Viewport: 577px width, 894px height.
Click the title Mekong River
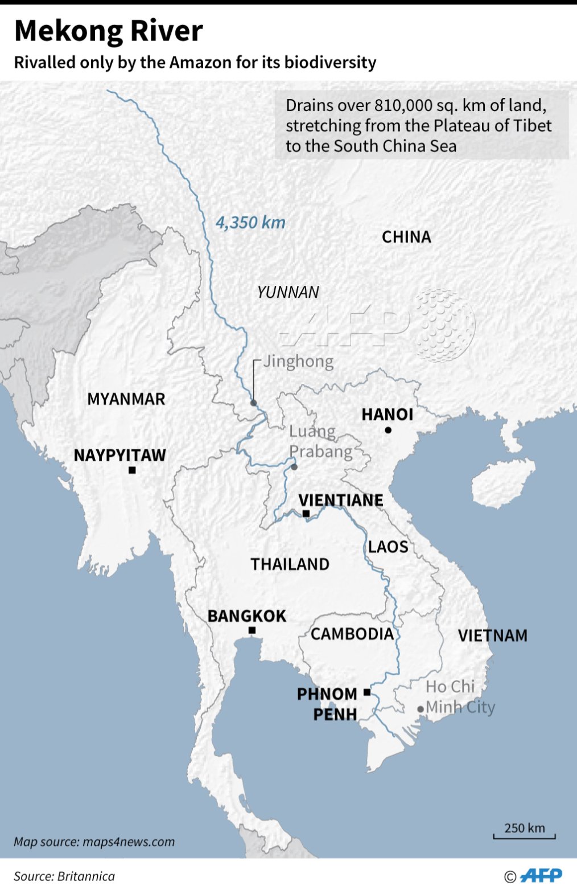click(108, 31)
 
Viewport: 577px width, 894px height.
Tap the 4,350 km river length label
click(250, 223)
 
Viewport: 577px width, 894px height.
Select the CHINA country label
click(406, 237)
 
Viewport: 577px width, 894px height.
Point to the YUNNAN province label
click(288, 292)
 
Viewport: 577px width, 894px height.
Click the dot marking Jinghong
click(254, 403)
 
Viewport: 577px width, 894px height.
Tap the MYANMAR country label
click(126, 399)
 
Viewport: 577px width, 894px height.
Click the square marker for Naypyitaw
click(132, 470)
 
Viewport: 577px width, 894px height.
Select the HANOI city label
click(388, 415)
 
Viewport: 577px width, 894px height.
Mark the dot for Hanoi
click(388, 430)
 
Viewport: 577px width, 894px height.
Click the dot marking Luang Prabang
click(294, 467)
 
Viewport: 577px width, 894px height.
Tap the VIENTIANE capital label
click(341, 500)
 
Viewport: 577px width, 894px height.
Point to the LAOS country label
click(388, 547)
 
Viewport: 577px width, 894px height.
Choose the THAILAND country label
click(290, 564)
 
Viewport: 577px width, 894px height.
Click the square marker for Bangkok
click(252, 630)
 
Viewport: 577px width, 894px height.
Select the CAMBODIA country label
click(352, 634)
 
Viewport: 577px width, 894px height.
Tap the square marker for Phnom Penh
click(367, 692)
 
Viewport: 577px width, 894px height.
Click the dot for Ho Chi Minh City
click(421, 709)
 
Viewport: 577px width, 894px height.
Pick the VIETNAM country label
click(493, 635)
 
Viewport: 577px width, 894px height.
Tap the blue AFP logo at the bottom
click(541, 875)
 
